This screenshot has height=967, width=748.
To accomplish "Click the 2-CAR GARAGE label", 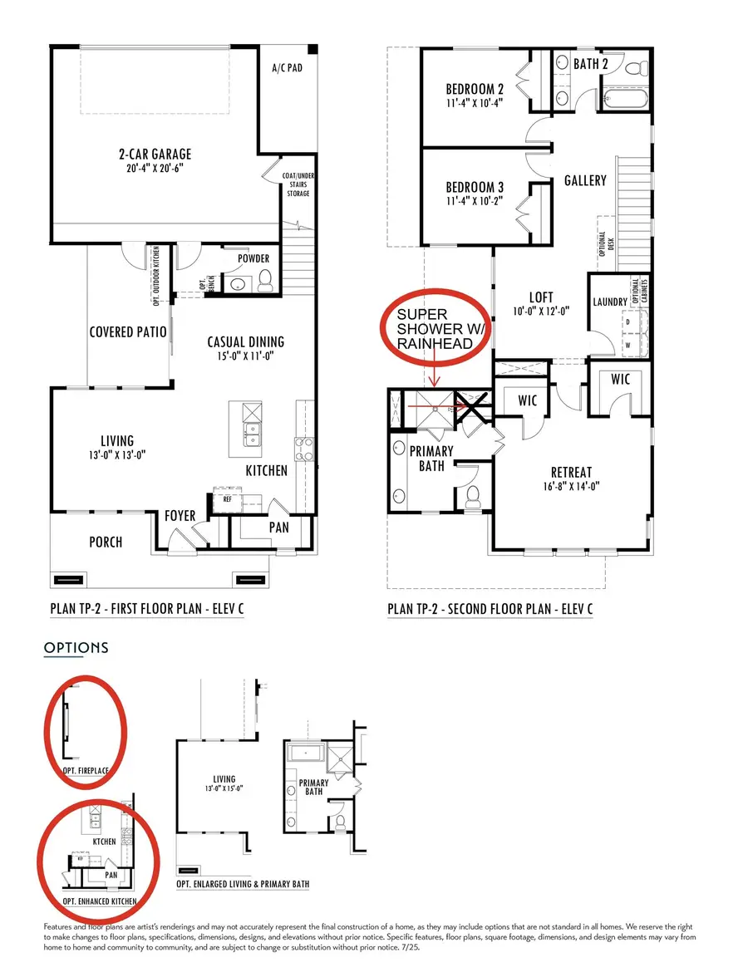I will click(154, 154).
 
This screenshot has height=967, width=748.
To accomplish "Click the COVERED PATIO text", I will click(128, 332).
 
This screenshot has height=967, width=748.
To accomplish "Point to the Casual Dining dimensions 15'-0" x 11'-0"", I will click(245, 356).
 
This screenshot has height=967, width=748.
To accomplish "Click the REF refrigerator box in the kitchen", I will click(226, 499).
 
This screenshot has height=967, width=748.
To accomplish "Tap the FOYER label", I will click(180, 516).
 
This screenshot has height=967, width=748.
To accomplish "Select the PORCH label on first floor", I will click(106, 542).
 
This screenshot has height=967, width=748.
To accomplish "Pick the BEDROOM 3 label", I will click(475, 188).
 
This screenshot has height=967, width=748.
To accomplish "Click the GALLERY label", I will click(585, 180).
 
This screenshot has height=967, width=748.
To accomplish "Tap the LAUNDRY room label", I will click(610, 302).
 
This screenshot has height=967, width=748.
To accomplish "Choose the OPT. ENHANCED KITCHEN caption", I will click(100, 901).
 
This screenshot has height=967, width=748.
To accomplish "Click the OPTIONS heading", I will click(76, 647).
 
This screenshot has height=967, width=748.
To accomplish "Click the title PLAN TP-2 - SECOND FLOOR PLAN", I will click(490, 609).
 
